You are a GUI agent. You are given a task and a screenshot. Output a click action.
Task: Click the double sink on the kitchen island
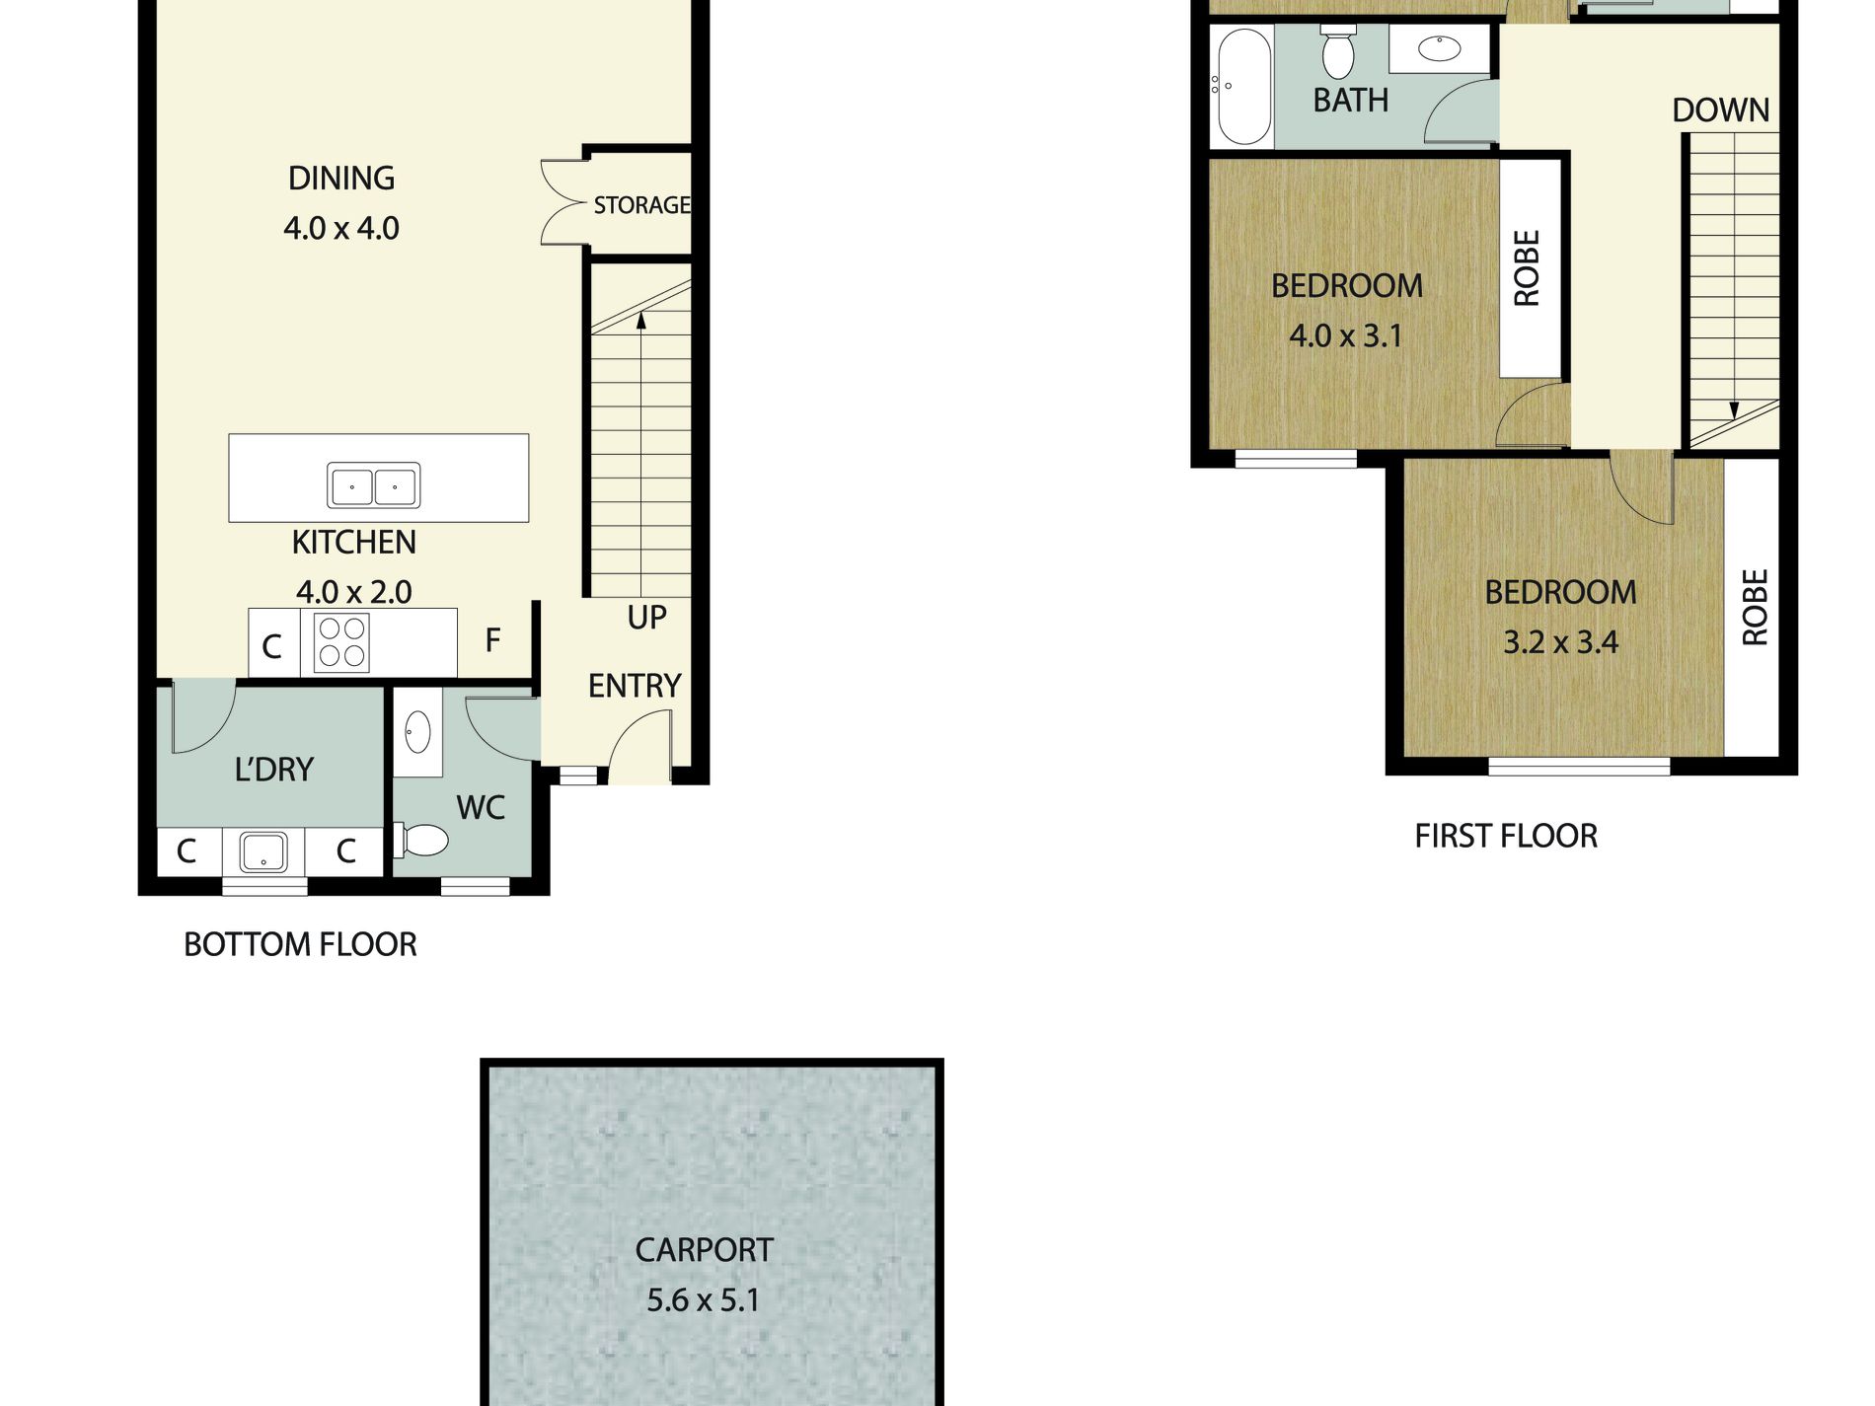point(374,485)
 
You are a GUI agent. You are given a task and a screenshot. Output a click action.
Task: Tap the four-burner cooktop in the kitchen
point(341,642)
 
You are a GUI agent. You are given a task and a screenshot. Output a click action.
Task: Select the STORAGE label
point(641,205)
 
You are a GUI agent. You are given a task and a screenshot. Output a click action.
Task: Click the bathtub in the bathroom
point(1242,87)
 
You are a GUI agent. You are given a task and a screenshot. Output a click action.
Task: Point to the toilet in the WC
point(421,841)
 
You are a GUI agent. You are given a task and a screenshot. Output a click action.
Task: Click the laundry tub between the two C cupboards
point(263,852)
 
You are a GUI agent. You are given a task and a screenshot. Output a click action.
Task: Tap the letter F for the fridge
point(493,640)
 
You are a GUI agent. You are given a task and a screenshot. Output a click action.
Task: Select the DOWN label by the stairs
point(1720,110)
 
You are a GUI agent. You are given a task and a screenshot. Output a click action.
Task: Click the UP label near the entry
point(646,618)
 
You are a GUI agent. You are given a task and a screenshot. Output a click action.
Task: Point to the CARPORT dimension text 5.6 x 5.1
point(704,1300)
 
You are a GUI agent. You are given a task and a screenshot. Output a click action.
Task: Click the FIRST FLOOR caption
point(1506,837)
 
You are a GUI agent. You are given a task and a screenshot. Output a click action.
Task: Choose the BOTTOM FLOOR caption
point(300,945)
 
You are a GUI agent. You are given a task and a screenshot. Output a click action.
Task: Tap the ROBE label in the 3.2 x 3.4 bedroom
point(1755,608)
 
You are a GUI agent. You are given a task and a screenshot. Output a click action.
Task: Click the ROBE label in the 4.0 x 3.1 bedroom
point(1526,268)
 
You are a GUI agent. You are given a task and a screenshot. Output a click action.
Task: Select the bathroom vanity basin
point(1439,48)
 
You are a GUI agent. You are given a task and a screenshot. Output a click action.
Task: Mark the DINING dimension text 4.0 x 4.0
point(341,229)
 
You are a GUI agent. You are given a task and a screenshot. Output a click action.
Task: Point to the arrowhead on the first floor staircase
point(1734,411)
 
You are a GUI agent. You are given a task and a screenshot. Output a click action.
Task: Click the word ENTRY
point(635,686)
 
